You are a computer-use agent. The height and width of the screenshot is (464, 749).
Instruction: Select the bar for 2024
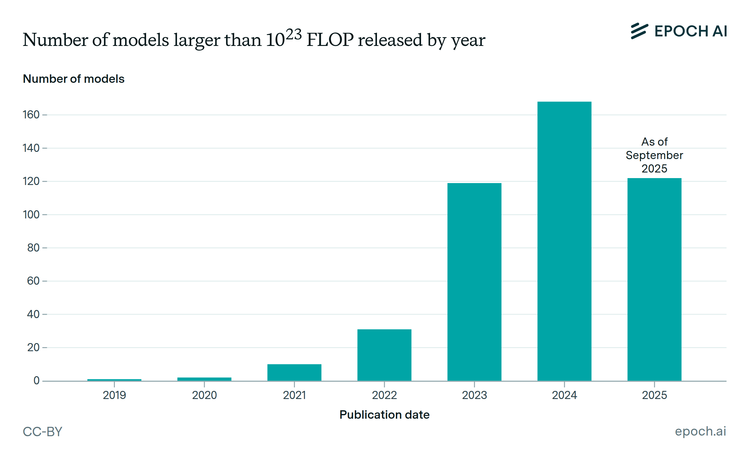coord(564,241)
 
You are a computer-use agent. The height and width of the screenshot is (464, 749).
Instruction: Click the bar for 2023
coord(474,281)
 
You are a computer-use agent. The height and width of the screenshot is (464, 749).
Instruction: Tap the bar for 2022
coord(384,355)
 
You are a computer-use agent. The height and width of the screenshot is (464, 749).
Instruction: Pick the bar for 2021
coord(294,372)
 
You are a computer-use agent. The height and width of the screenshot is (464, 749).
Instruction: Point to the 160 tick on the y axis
coord(31,115)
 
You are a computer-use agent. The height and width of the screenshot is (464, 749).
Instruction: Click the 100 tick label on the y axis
coord(31,215)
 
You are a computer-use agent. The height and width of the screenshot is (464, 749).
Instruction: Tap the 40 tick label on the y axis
coord(33,314)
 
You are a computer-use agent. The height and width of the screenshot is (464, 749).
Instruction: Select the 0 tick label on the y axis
coord(37,381)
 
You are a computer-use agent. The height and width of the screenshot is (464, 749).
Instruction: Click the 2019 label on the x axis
coord(114,395)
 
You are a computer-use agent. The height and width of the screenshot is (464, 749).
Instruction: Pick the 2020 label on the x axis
coord(204,395)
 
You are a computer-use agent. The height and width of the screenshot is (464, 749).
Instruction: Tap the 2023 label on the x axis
coord(474,395)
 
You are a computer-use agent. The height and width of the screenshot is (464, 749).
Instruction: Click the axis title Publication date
coord(384,415)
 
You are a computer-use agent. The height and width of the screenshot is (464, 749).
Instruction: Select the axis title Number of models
coord(74,79)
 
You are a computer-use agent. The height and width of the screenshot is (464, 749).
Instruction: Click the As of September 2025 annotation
coord(654,155)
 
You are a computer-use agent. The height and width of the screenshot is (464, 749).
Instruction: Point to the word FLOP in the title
coord(330,40)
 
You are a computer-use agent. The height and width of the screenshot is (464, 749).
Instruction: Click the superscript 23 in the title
coord(293,34)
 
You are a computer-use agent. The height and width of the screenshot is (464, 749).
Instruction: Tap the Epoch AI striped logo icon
coord(639,31)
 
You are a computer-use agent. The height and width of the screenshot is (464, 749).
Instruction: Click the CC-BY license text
coord(42,432)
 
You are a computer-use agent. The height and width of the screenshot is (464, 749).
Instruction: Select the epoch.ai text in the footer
coord(700,431)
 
